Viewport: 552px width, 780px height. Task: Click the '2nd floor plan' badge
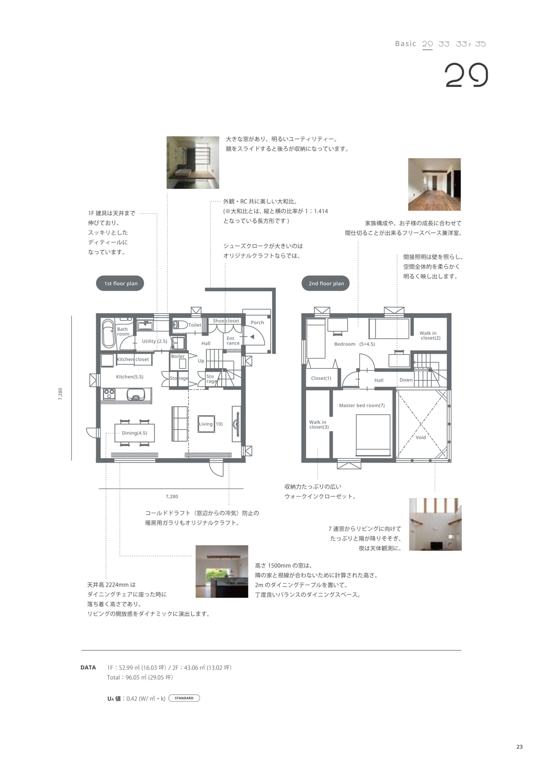(326, 283)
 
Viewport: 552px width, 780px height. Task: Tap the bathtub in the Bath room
(108, 334)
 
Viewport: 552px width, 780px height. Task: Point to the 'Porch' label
(257, 323)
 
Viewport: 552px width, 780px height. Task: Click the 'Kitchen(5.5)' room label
(130, 377)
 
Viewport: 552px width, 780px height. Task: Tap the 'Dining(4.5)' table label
(135, 433)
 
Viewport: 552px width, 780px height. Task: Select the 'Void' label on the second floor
(421, 438)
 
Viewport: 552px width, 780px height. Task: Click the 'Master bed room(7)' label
(362, 405)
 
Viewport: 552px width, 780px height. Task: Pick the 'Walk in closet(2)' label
(430, 336)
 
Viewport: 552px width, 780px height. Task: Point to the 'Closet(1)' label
(321, 378)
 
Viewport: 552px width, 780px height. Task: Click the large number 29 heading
(466, 75)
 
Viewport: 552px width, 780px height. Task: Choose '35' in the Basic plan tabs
(480, 44)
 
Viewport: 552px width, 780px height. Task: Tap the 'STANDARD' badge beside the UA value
(184, 698)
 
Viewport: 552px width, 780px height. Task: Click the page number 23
(519, 747)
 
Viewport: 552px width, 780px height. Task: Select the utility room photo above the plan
(193, 162)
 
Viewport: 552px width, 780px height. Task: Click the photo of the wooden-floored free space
(434, 184)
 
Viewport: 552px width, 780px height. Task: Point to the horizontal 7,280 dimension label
(172, 496)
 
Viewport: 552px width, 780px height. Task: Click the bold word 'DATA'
(88, 667)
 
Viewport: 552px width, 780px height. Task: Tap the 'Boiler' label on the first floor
(178, 356)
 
